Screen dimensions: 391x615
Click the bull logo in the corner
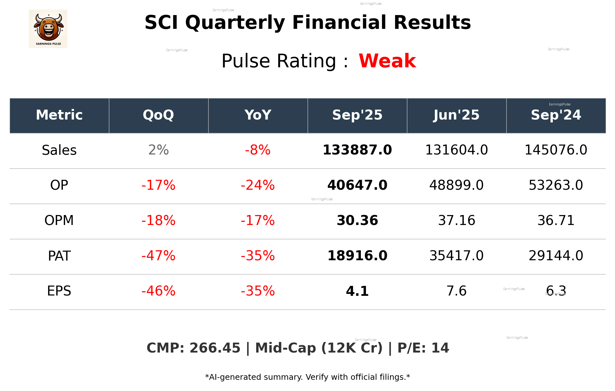[x=48, y=29]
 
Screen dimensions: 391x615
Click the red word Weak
[x=387, y=61]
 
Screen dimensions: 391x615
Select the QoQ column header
[x=158, y=115]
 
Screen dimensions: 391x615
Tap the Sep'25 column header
[x=357, y=115]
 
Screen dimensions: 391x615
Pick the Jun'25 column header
[x=456, y=115]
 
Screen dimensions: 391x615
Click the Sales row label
[x=59, y=150]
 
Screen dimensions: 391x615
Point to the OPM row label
[x=59, y=220]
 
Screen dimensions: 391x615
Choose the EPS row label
[x=59, y=291]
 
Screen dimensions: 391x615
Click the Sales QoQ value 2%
[x=158, y=150]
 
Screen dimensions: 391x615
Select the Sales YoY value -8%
[x=258, y=150]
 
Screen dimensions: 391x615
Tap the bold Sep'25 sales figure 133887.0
[x=357, y=150]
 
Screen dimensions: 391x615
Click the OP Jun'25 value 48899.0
[x=456, y=185]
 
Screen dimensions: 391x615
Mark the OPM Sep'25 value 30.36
[x=357, y=220]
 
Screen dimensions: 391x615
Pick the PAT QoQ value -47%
[x=158, y=256]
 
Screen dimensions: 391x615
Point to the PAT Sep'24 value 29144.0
[x=556, y=256]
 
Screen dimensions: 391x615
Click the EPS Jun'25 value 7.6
[x=456, y=291]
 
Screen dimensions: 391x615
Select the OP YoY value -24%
[x=258, y=185]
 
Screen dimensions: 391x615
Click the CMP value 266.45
[x=215, y=348]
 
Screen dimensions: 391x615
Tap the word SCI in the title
[x=161, y=23]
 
